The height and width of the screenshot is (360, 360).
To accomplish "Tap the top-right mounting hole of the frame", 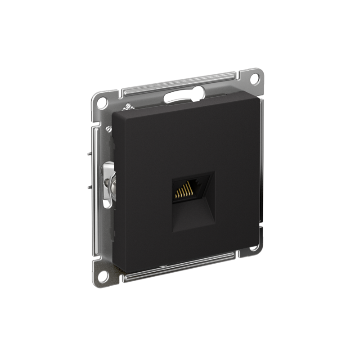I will point(254,78).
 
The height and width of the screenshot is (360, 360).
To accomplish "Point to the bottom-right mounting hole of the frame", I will point(255,246).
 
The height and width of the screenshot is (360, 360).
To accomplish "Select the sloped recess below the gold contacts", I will point(193,214).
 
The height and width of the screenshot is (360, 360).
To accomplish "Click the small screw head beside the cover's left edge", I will point(108,129).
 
